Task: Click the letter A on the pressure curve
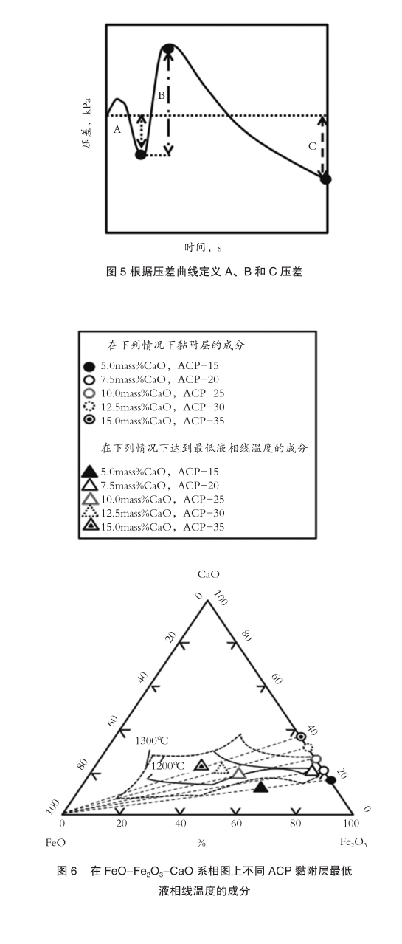(x=117, y=129)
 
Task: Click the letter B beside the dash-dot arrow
(x=162, y=96)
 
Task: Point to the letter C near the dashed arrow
(x=312, y=146)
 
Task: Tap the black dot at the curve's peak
(x=169, y=49)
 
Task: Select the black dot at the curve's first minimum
(x=141, y=155)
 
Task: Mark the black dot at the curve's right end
(x=325, y=179)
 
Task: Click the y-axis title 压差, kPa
(x=86, y=124)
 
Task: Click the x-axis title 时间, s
(x=203, y=247)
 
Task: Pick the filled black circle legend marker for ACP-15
(x=89, y=366)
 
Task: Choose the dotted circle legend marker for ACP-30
(x=89, y=407)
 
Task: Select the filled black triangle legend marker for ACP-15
(x=89, y=471)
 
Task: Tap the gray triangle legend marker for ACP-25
(x=89, y=499)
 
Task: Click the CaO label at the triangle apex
(x=209, y=574)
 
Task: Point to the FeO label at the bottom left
(x=55, y=842)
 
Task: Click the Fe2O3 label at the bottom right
(x=353, y=842)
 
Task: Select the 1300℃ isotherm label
(x=152, y=740)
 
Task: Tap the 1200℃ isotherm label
(x=167, y=765)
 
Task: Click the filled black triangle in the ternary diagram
(x=261, y=787)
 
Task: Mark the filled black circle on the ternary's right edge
(x=331, y=780)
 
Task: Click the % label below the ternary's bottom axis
(x=201, y=842)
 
